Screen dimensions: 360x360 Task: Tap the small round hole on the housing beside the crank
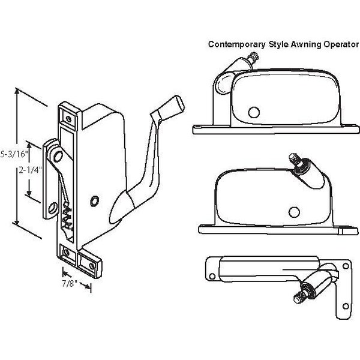(95, 201)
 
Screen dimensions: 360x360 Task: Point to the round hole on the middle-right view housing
(294, 211)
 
